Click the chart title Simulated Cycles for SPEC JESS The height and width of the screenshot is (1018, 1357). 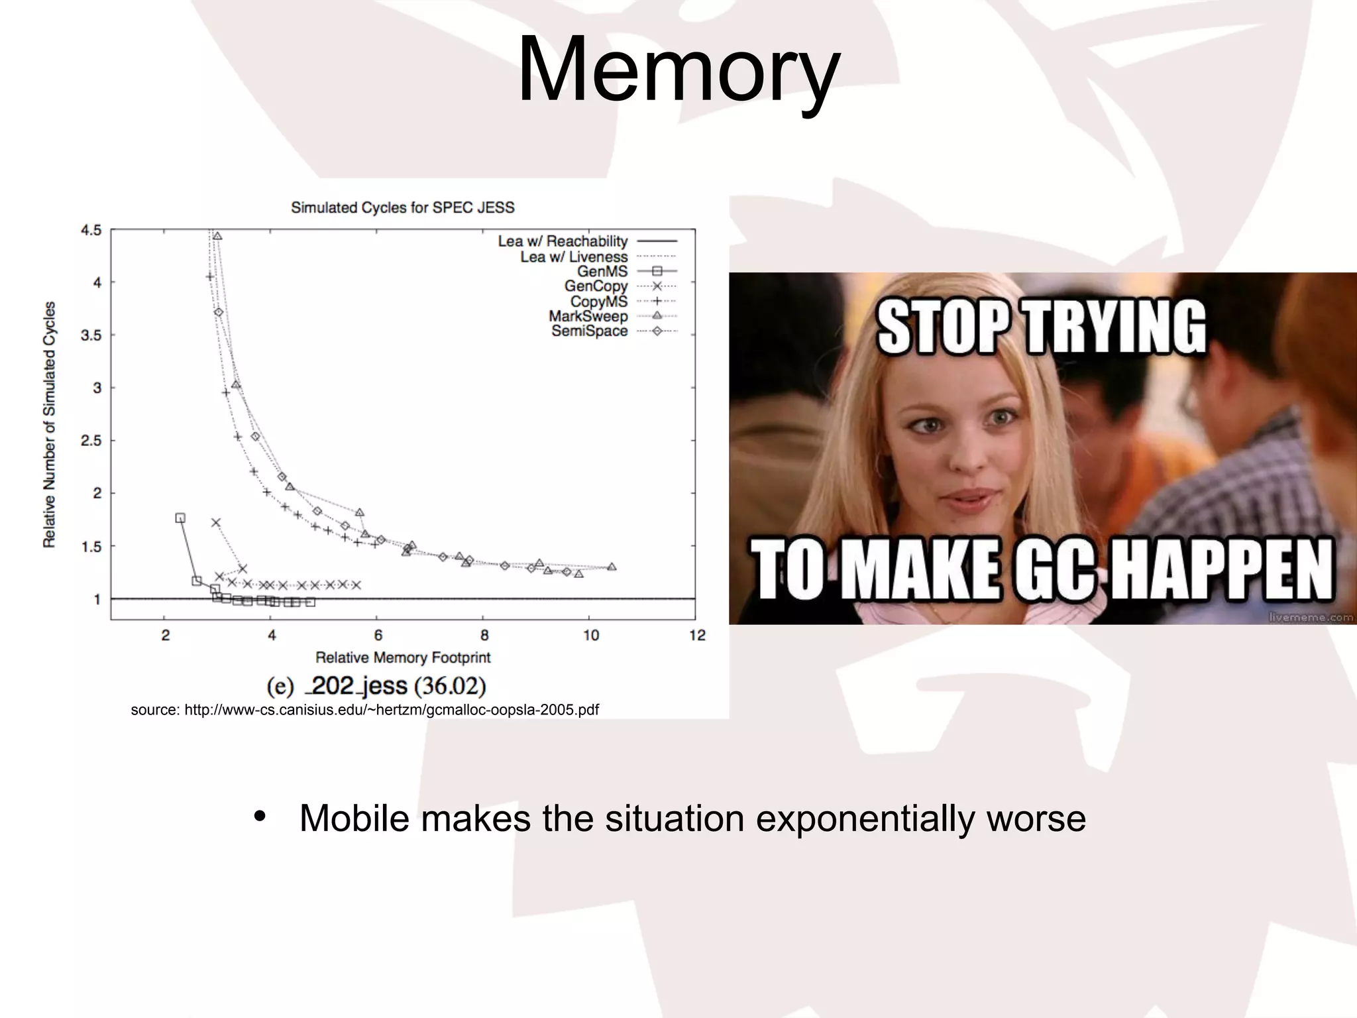click(x=403, y=207)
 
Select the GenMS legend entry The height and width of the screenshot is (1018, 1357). click(x=602, y=271)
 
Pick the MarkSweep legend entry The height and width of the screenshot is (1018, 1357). click(x=588, y=316)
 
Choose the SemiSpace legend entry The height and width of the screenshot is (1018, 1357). click(x=590, y=331)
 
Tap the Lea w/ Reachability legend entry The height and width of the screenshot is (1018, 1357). click(x=563, y=241)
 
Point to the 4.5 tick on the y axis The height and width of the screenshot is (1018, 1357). click(x=91, y=231)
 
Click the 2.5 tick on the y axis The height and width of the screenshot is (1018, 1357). click(x=91, y=441)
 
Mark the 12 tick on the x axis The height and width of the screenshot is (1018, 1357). click(x=696, y=636)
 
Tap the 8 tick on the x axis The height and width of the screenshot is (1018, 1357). click(x=484, y=636)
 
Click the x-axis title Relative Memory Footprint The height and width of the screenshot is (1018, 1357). click(x=403, y=657)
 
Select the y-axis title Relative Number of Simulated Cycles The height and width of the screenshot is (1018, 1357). click(x=49, y=424)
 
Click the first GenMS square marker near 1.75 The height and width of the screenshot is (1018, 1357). click(x=180, y=518)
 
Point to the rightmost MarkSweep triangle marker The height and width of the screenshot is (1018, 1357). click(x=612, y=567)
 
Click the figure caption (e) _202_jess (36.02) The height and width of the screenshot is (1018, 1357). click(x=376, y=685)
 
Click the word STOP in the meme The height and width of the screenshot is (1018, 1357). click(x=945, y=327)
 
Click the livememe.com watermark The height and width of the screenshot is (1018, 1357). click(x=1310, y=617)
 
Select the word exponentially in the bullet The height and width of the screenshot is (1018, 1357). click(x=865, y=818)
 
